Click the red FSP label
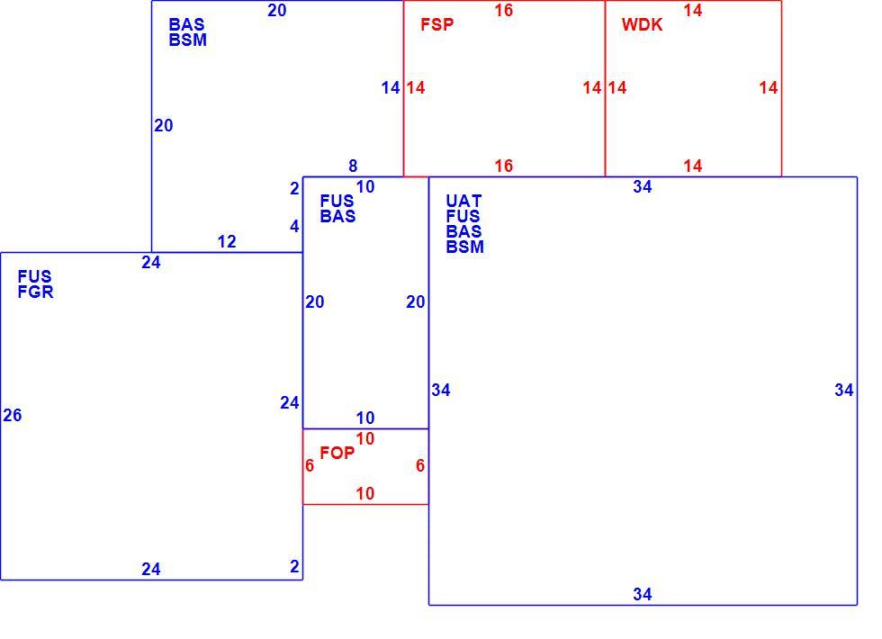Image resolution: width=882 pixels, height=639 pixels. coord(437,24)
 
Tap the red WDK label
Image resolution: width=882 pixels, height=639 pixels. coord(642,24)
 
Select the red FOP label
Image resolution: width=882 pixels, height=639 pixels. coord(337,453)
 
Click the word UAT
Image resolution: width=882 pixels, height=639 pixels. coord(463,201)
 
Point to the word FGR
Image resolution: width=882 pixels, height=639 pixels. coord(35,292)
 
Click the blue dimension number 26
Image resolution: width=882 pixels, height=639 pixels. coord(13,415)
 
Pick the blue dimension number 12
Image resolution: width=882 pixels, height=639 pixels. coord(227,241)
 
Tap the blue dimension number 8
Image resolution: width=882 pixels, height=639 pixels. coord(353,166)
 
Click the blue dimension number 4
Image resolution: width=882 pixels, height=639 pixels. coord(294,226)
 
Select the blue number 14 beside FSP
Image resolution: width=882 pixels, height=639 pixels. coord(391,88)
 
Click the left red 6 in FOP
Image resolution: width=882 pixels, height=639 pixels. coord(310,466)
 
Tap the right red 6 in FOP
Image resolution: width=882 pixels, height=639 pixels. coord(420,466)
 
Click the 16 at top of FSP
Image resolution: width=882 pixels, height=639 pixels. coord(503,10)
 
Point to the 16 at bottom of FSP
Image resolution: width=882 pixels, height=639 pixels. coord(503,166)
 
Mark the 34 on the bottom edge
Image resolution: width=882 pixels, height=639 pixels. coord(643,594)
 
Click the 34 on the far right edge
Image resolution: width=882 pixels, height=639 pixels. coord(844,390)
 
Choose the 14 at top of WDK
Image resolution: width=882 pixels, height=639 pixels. coord(692,10)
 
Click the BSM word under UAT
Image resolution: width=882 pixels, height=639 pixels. coord(464,247)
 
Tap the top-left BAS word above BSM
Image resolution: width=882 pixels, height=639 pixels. coord(186,24)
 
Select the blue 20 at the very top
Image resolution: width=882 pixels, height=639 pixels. coord(277,10)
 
